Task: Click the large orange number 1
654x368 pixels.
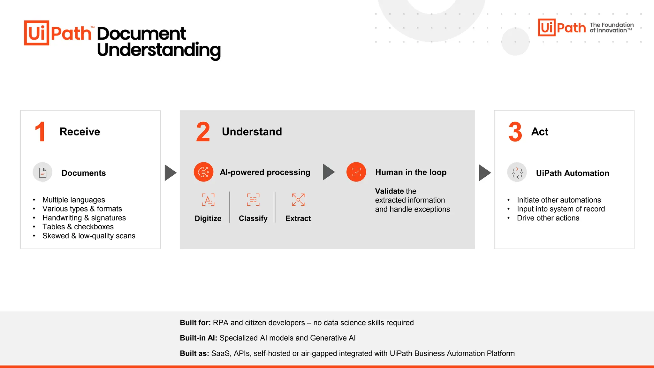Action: coord(40,132)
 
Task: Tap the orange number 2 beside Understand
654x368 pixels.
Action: coord(203,132)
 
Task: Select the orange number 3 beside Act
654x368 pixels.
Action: coord(515,132)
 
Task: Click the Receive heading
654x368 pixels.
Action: coord(80,132)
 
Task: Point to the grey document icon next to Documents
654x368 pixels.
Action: coord(42,172)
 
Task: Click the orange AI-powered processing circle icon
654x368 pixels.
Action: coord(203,172)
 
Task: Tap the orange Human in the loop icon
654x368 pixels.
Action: coord(356,172)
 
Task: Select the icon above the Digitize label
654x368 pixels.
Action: coord(208,200)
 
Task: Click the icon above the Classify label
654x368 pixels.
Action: coord(253,200)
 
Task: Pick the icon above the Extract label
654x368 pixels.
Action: coord(298,200)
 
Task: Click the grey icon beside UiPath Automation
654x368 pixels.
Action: coord(517,172)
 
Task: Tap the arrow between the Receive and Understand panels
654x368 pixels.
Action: coord(170,173)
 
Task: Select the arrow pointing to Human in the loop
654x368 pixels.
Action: coord(329,172)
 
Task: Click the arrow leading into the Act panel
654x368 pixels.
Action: coord(485,173)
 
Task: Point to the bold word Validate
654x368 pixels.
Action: coord(389,191)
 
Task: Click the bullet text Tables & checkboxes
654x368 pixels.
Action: coord(78,227)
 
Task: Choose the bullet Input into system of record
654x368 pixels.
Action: coord(561,209)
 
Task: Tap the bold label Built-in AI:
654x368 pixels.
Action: coord(198,338)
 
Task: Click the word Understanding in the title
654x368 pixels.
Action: coord(159,50)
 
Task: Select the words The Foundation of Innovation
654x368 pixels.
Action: coord(612,27)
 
